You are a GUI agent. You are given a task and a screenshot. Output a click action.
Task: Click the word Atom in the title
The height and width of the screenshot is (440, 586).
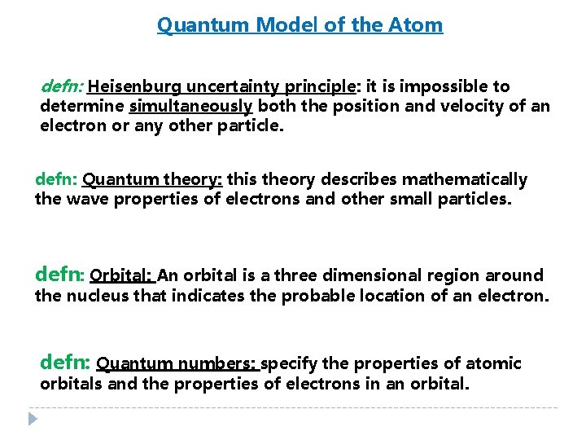click(421, 25)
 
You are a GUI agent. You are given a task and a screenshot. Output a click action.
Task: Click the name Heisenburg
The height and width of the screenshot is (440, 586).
click(135, 86)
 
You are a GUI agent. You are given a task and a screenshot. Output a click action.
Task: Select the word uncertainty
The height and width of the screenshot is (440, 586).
click(230, 86)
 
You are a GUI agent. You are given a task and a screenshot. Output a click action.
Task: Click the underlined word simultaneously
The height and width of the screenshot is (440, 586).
click(191, 106)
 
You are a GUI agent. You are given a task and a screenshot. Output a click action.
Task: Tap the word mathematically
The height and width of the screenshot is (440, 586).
click(466, 179)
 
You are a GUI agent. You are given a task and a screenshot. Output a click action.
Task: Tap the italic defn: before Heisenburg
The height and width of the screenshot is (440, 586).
click(61, 86)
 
